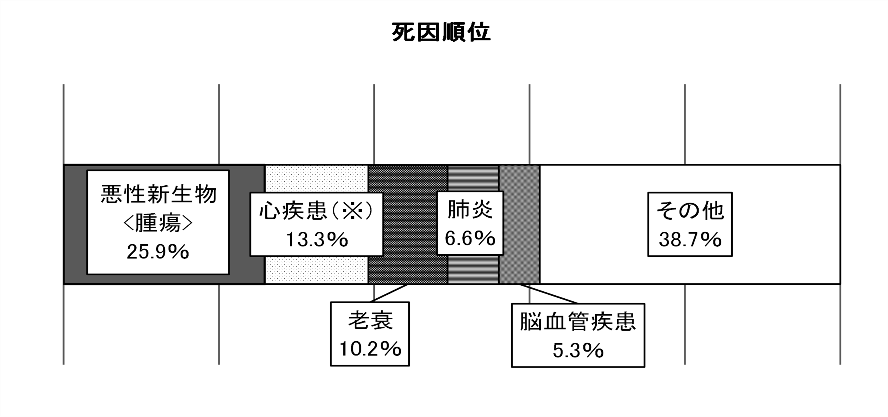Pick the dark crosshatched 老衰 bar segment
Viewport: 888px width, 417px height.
(408, 224)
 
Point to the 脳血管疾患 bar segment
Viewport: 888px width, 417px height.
(520, 224)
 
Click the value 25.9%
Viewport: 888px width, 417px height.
(158, 252)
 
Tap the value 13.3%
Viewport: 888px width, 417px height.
(317, 239)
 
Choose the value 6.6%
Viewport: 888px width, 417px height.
(470, 238)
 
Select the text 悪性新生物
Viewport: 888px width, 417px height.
(159, 194)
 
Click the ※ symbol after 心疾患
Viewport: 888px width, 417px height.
(353, 210)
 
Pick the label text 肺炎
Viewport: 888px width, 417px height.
(470, 209)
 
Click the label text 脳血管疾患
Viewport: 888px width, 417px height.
(578, 322)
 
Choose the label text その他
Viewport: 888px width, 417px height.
(690, 210)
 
